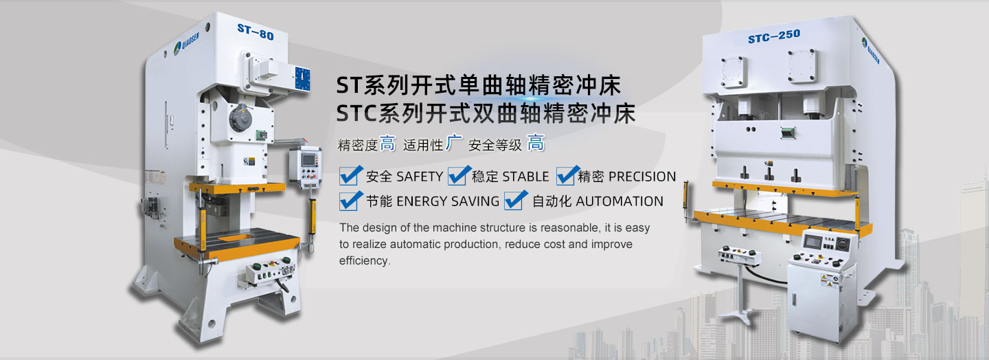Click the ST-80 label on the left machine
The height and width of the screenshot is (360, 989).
(x=255, y=32)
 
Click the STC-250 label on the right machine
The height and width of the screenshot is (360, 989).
(x=773, y=36)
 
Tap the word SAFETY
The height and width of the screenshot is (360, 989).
(x=420, y=177)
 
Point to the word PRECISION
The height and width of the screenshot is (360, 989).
(x=642, y=177)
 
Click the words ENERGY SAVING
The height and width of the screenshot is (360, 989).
(x=448, y=201)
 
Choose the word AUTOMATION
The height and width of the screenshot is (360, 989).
(x=619, y=201)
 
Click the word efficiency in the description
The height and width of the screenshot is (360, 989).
(x=364, y=260)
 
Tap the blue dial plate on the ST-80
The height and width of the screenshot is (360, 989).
(x=302, y=79)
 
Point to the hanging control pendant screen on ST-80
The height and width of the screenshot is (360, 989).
(x=308, y=159)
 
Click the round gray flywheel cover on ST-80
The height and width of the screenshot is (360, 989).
(x=240, y=118)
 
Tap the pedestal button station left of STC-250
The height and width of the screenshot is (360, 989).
(x=739, y=256)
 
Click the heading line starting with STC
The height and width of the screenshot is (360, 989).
(x=486, y=113)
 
